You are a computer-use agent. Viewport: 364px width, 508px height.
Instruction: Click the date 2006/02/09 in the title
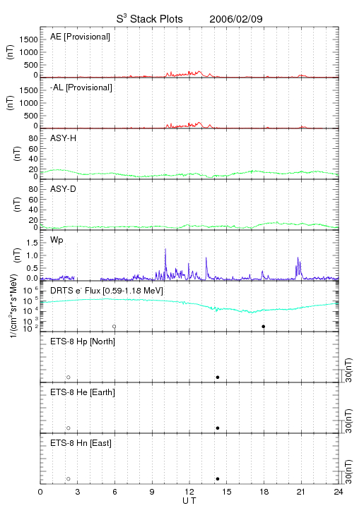click(236, 19)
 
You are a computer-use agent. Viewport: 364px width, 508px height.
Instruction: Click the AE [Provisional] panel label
click(80, 37)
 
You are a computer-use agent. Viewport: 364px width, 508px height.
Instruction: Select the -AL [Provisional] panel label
click(81, 87)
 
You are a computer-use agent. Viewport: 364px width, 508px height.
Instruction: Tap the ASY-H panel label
click(64, 138)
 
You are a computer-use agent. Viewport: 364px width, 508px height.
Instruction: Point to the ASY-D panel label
click(64, 189)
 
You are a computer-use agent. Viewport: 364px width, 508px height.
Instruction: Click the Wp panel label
click(57, 241)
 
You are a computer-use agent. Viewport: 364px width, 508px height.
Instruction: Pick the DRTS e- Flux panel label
click(107, 291)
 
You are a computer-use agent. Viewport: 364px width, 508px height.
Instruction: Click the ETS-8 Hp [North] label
click(83, 341)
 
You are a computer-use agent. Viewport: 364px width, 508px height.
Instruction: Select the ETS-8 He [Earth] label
click(83, 392)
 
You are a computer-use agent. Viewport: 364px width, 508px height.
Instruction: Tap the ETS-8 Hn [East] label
click(81, 443)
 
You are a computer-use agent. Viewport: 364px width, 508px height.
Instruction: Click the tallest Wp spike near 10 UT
click(165, 249)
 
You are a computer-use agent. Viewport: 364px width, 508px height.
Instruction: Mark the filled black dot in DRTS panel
click(264, 327)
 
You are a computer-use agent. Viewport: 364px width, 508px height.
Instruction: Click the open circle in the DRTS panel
click(115, 325)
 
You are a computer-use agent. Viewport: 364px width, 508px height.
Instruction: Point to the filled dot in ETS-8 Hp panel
click(218, 377)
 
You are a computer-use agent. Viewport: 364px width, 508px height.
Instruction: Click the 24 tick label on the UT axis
click(339, 492)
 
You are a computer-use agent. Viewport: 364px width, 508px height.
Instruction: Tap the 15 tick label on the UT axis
click(227, 492)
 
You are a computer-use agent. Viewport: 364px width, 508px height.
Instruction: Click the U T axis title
click(189, 500)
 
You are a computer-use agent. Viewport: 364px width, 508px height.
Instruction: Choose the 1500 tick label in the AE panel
click(29, 40)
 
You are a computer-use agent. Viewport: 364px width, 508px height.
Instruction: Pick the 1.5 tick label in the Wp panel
click(33, 243)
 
